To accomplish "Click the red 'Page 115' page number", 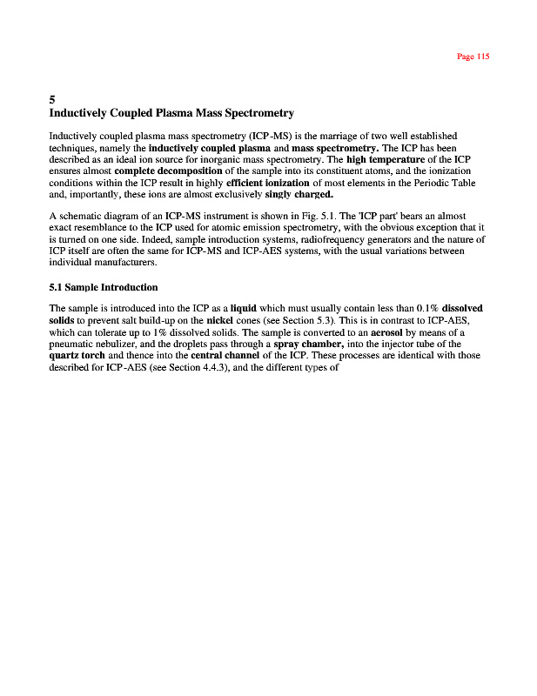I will (x=473, y=57).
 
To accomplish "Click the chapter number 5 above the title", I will (x=53, y=100).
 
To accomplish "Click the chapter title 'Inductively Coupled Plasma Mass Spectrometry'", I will (x=171, y=114).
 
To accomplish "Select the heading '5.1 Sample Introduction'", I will (x=104, y=287).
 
